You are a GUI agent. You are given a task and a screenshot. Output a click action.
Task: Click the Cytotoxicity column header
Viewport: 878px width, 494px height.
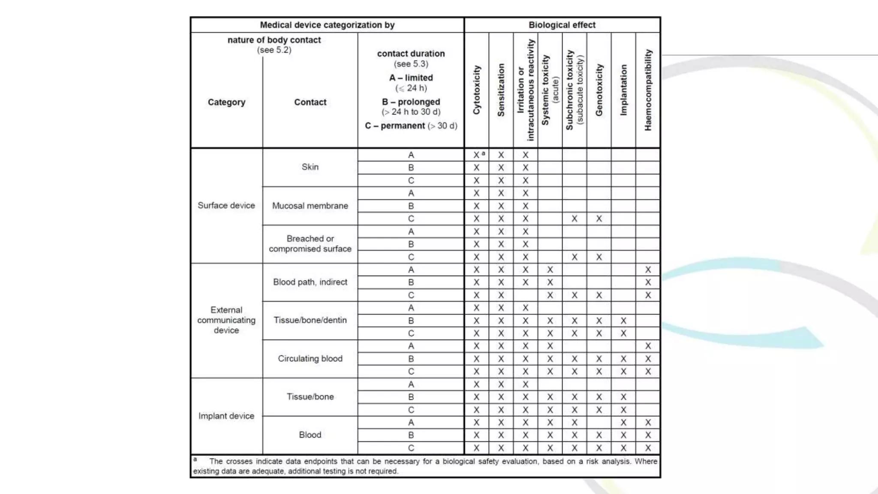pos(476,90)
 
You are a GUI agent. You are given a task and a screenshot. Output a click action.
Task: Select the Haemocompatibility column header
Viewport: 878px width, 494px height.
pos(648,90)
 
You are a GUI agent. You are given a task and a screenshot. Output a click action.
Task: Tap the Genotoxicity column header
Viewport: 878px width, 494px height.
pos(599,90)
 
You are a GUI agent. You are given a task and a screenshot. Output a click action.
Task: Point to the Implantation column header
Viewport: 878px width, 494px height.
pos(623,90)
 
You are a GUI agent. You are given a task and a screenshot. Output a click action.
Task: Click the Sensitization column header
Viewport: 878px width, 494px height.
pos(501,90)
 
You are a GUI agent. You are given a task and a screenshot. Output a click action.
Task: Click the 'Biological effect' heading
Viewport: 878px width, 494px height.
pos(562,25)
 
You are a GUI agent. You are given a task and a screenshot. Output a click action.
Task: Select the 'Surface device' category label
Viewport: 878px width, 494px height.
pos(226,205)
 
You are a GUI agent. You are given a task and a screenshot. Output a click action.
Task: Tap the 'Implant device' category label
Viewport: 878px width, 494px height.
pos(226,416)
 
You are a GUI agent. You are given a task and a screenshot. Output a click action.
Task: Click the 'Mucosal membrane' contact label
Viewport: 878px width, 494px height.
pos(310,206)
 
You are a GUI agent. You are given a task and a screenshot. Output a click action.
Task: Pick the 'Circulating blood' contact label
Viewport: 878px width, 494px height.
pos(310,358)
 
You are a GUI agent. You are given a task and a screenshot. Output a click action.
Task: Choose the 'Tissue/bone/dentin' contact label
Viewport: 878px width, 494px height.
pos(310,320)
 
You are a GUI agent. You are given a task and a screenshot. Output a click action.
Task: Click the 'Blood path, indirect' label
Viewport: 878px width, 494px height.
pos(310,282)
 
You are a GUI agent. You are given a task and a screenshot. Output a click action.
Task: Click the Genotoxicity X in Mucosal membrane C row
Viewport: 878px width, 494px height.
pos(599,219)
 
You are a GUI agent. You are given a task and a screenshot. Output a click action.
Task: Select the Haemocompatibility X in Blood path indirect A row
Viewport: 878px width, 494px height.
pos(648,270)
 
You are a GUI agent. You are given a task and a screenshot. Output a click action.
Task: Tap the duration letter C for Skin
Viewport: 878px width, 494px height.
pos(411,181)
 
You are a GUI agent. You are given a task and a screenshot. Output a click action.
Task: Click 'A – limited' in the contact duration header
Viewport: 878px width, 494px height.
pos(411,78)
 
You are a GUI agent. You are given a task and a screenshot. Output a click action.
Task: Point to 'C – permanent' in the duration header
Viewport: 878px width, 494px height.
pos(395,126)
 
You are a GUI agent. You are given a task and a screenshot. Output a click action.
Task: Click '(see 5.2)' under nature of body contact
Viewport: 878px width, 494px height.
pos(274,50)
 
